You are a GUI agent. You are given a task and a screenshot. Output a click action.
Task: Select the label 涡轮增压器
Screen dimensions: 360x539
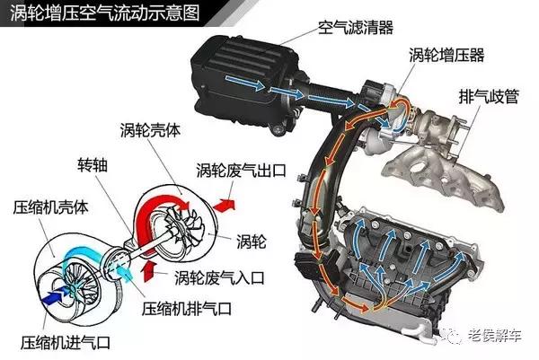446,56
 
